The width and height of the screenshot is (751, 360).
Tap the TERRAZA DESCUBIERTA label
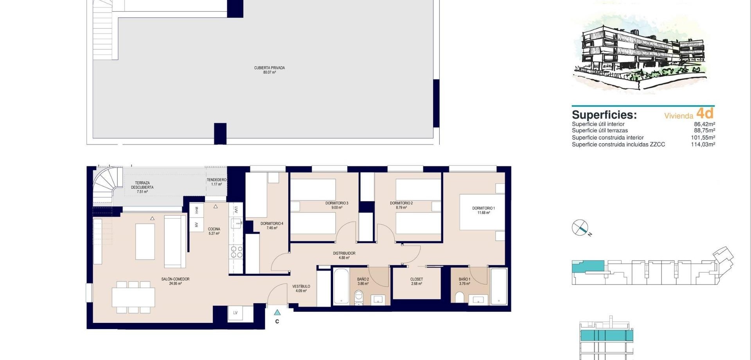(x=142, y=185)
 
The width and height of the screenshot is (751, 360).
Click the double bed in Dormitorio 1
(x=482, y=212)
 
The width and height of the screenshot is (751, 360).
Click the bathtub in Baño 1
(x=499, y=286)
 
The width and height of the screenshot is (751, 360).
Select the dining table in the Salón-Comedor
(x=133, y=297)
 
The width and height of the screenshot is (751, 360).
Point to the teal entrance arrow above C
(x=277, y=312)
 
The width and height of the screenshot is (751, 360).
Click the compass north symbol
(x=580, y=228)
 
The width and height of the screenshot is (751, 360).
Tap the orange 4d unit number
(x=705, y=113)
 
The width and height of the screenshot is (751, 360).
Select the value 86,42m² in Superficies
(x=704, y=124)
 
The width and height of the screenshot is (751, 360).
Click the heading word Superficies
(x=604, y=115)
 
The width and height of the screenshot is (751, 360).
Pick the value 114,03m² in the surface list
(x=703, y=144)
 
